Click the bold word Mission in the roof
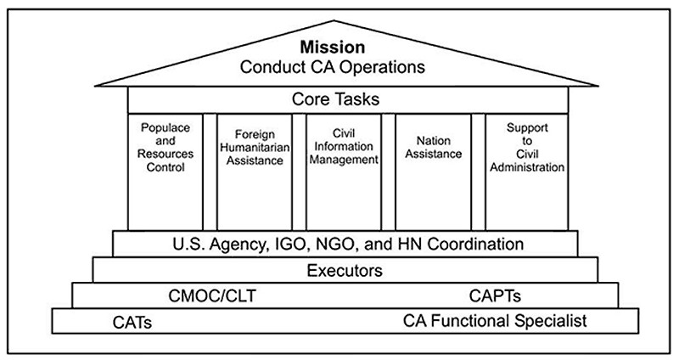(333, 47)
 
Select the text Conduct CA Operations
(333, 67)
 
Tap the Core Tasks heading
(335, 99)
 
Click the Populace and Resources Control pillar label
(166, 147)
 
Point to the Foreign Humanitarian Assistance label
(255, 147)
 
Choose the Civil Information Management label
(344, 146)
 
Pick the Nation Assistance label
(434, 147)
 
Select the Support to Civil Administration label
(527, 147)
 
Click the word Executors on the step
(345, 271)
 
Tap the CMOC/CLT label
(212, 296)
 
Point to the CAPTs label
(495, 296)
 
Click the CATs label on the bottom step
(132, 323)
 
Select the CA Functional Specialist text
(495, 321)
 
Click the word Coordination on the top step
(475, 245)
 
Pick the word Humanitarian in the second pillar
(255, 147)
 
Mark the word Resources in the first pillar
(166, 154)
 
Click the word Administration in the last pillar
(527, 167)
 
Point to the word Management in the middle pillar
(344, 160)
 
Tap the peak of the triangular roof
(334, 20)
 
